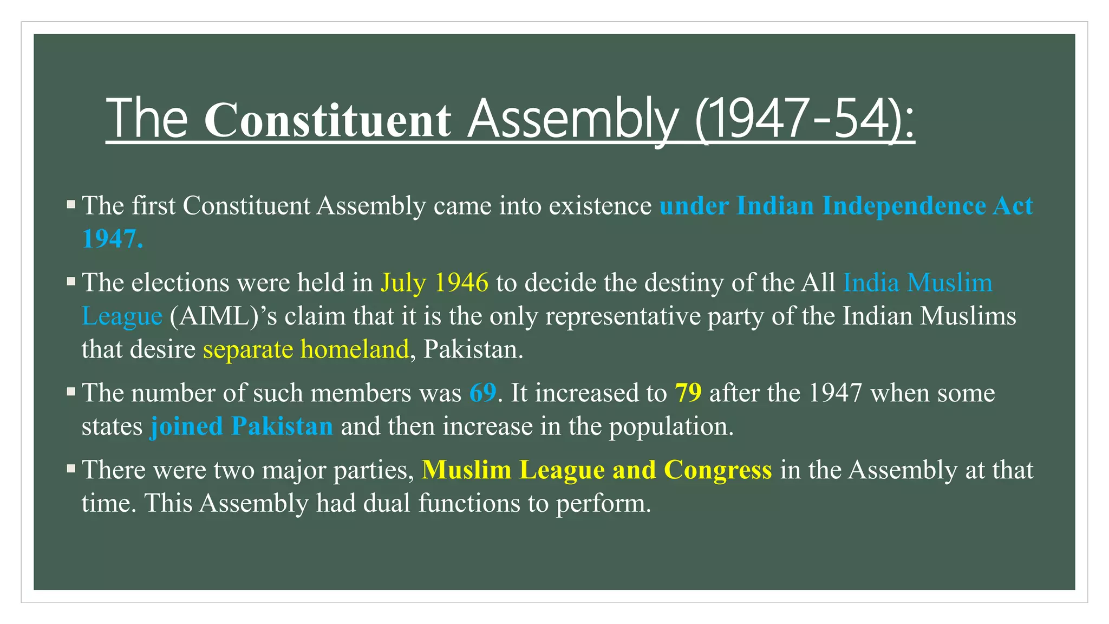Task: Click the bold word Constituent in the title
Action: click(327, 120)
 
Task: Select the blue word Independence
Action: click(904, 206)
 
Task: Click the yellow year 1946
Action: click(461, 283)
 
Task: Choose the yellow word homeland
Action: click(355, 349)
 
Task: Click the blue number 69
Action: click(482, 393)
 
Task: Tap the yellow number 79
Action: click(688, 393)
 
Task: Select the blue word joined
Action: click(186, 426)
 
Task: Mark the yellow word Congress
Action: click(717, 470)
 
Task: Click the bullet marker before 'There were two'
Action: click(71, 468)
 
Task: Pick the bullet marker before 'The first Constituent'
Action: click(71, 204)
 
